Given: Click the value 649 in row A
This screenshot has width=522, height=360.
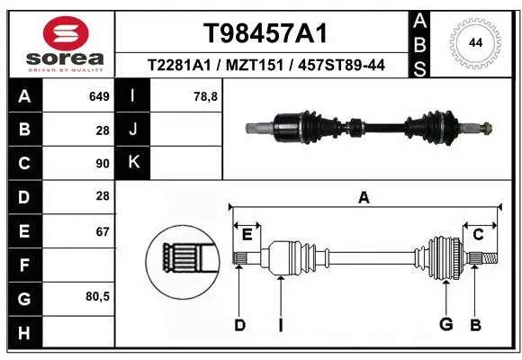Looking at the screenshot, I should pyautogui.click(x=99, y=96).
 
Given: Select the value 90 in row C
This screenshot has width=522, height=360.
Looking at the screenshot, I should pyautogui.click(x=103, y=163).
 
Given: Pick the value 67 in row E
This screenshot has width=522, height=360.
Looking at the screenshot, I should pyautogui.click(x=103, y=231).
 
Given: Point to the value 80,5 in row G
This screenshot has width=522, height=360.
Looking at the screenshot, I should pyautogui.click(x=97, y=297).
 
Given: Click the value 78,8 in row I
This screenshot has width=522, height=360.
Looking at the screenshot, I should pyautogui.click(x=206, y=96).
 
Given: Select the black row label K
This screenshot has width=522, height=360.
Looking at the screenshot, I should pyautogui.click(x=133, y=163).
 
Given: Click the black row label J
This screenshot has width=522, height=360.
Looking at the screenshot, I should pyautogui.click(x=133, y=130).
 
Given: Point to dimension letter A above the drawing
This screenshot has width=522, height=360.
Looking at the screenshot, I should pyautogui.click(x=364, y=198).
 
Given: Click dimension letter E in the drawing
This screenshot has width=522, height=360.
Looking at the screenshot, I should pyautogui.click(x=247, y=235).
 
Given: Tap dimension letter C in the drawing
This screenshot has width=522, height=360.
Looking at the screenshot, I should pyautogui.click(x=479, y=235).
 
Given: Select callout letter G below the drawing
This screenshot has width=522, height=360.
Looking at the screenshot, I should pyautogui.click(x=445, y=325).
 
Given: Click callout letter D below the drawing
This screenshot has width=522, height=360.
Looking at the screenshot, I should pyautogui.click(x=239, y=325).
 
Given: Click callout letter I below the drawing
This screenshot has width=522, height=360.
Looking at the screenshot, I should pyautogui.click(x=280, y=325).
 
